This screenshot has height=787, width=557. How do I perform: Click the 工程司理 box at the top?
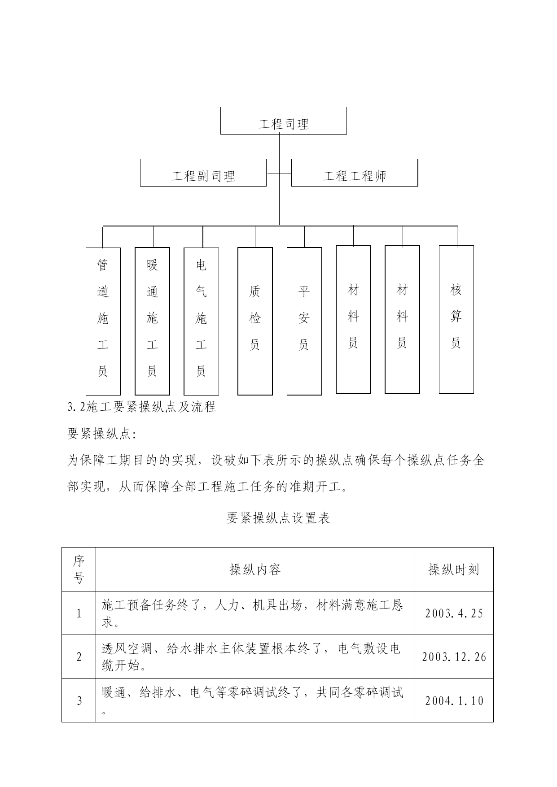click(x=283, y=121)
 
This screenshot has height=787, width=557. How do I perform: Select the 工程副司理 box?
click(x=203, y=173)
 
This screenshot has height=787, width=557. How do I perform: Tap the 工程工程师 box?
click(x=355, y=173)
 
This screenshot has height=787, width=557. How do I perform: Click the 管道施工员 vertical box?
click(x=103, y=321)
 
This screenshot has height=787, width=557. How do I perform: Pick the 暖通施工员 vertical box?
click(x=152, y=321)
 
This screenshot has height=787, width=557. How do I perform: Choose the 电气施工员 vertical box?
click(x=202, y=321)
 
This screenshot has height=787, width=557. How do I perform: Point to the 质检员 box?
click(x=255, y=321)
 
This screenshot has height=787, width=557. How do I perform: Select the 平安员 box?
click(x=304, y=321)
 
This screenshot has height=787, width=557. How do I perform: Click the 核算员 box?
click(x=456, y=319)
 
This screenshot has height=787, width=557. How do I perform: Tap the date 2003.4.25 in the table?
click(x=454, y=613)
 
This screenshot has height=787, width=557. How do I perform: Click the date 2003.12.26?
click(x=454, y=657)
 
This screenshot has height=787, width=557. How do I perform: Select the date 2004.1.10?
click(x=454, y=700)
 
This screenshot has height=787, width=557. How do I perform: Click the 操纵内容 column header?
click(x=255, y=570)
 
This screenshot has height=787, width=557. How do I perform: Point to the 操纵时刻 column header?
click(x=454, y=570)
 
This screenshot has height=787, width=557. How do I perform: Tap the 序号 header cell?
click(x=79, y=570)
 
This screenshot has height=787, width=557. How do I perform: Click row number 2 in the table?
click(x=79, y=657)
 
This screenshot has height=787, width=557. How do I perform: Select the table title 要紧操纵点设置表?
click(x=278, y=518)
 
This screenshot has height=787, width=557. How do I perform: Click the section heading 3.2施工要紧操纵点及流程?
click(x=142, y=407)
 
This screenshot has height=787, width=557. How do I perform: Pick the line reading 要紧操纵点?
click(x=102, y=434)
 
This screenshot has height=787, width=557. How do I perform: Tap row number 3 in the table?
click(x=79, y=700)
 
